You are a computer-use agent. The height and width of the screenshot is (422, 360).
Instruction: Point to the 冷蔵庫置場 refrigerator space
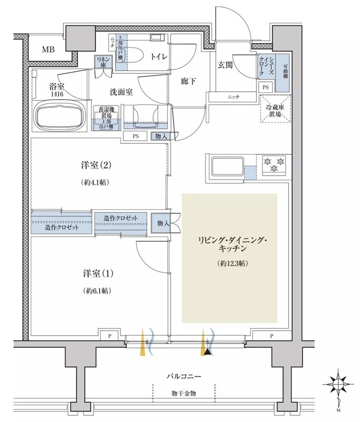276,109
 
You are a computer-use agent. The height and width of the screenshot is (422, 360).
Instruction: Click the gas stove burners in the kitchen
273,165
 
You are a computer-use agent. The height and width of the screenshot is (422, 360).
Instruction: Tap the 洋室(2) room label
96,165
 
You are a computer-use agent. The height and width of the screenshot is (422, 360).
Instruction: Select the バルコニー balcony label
183,376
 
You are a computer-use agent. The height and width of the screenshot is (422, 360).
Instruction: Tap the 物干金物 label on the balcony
183,393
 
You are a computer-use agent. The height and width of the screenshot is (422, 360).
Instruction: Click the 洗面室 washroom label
121,91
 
